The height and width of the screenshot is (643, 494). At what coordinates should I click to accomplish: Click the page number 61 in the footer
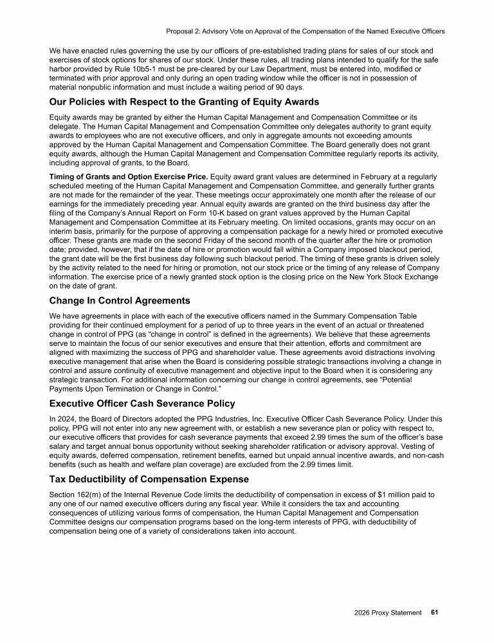pos(434,613)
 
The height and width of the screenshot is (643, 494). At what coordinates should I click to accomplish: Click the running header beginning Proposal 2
pos(305,31)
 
